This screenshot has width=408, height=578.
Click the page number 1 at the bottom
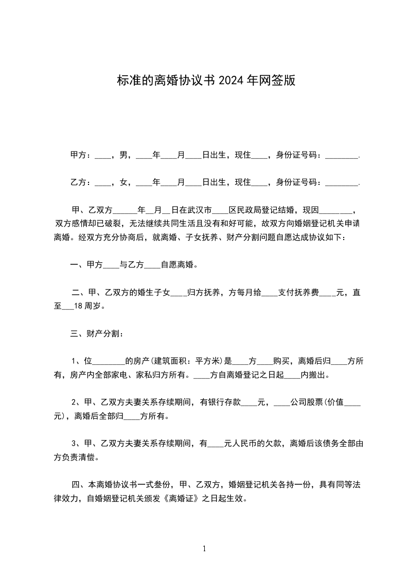tap(204, 549)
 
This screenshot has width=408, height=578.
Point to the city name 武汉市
tap(199, 210)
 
